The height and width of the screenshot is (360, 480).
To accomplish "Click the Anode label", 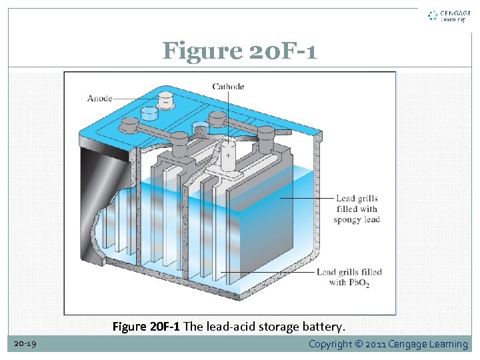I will tap(100, 99).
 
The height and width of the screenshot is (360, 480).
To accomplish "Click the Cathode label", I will tap(228, 86).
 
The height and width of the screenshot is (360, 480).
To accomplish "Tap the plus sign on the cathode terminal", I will tap(228, 155).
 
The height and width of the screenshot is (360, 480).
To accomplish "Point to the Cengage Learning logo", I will tap(447, 16).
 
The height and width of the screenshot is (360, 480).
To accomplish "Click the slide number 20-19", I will tap(25, 344).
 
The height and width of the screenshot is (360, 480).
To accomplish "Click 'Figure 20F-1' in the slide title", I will tap(239, 50).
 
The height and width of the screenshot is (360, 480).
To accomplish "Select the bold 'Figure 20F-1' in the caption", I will tap(146, 327).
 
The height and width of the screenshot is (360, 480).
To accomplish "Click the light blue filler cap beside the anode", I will tap(149, 115).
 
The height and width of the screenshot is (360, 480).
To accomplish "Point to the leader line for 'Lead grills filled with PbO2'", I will tap(267, 272).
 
